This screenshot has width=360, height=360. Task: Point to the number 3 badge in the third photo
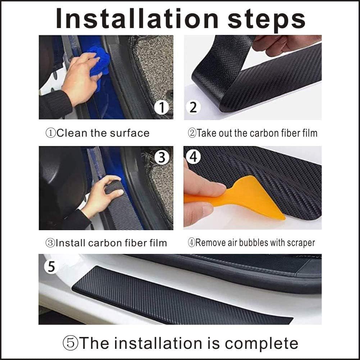(162, 157)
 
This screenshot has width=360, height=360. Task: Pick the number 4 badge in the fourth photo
(193, 157)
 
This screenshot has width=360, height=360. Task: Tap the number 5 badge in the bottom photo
(51, 266)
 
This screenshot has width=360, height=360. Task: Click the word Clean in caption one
(72, 133)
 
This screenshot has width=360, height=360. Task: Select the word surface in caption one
(129, 133)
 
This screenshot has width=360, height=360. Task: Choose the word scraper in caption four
(301, 243)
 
